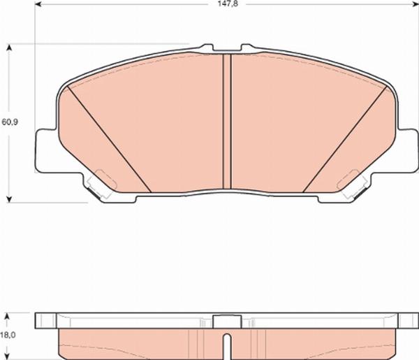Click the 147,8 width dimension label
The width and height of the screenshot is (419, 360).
pyautogui.click(x=228, y=3)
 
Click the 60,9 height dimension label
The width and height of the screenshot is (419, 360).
pyautogui.click(x=10, y=122)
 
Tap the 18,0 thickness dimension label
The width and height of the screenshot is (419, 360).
pyautogui.click(x=8, y=335)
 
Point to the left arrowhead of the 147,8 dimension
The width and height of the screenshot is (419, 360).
pyautogui.click(x=38, y=4)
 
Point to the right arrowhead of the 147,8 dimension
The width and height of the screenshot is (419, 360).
pyautogui.click(x=416, y=4)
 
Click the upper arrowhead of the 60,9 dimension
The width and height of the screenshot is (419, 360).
pyautogui.click(x=9, y=48)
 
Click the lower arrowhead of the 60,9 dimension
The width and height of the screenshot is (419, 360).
pyautogui.click(x=9, y=199)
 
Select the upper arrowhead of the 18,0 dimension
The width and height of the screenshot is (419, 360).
pyautogui.click(x=8, y=317)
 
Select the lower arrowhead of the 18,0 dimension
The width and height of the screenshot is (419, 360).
pyautogui.click(x=8, y=357)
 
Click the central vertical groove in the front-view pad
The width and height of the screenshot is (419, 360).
pyautogui.click(x=227, y=122)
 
